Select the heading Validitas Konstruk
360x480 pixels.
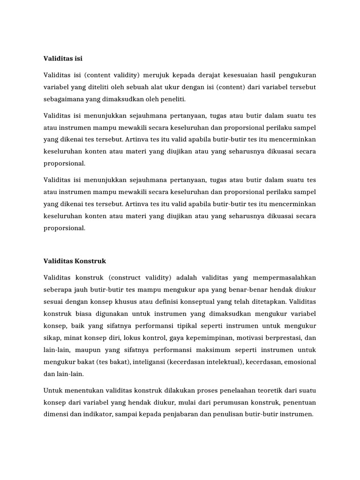coord(75,260)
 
